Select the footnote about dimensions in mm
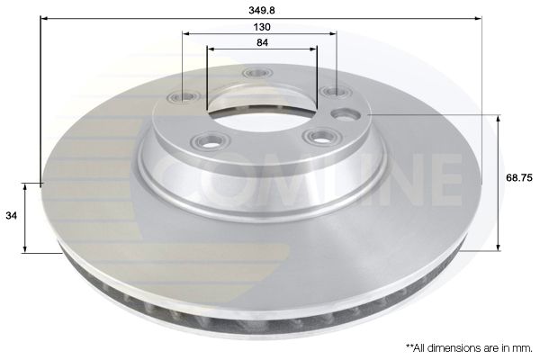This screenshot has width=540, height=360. pos(467,346)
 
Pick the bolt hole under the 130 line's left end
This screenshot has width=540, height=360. pos(186,96)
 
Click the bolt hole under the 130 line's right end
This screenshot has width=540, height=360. pos(334,91)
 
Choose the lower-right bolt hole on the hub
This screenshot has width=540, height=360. pos(316,136)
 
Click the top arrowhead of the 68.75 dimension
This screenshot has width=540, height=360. pos(499,118)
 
